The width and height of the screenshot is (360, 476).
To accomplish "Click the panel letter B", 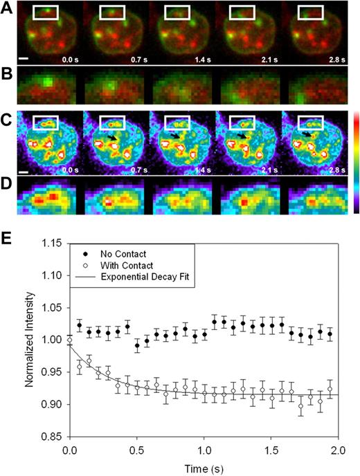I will point(7,70).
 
